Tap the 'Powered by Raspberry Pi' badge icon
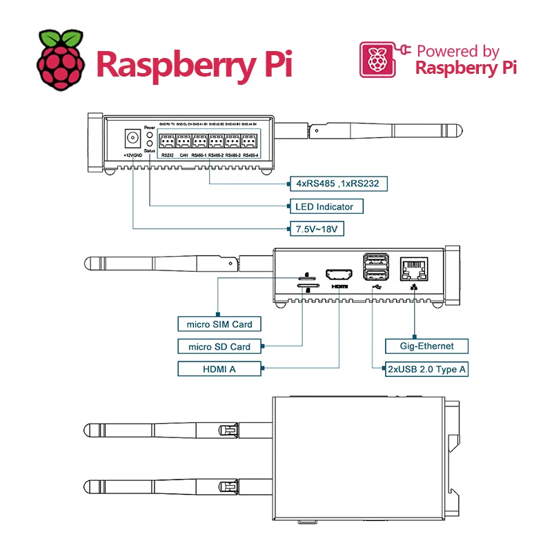point(377,59)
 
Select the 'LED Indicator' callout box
point(324,206)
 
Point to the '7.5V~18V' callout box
point(316,229)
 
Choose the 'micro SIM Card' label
point(215,324)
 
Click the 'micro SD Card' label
point(215,346)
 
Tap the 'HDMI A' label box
point(219,369)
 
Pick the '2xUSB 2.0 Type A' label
point(426,369)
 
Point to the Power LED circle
point(150,135)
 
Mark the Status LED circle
point(150,144)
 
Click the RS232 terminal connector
point(168,142)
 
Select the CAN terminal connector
point(184,142)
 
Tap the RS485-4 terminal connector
point(250,142)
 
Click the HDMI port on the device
point(339,272)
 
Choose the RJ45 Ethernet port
point(414,266)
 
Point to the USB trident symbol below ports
point(375,286)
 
